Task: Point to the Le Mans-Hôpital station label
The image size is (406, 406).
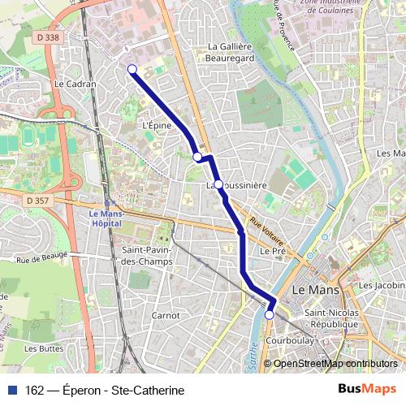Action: coord(102,218)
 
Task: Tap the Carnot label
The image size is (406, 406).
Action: coord(166,315)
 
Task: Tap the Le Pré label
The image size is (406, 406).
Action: coord(270,252)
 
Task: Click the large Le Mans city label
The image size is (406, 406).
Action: coord(314,289)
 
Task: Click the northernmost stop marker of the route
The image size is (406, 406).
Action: coord(132,70)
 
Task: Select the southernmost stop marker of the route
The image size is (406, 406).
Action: coord(270,314)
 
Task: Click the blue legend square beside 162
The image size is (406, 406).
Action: coord(13,391)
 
